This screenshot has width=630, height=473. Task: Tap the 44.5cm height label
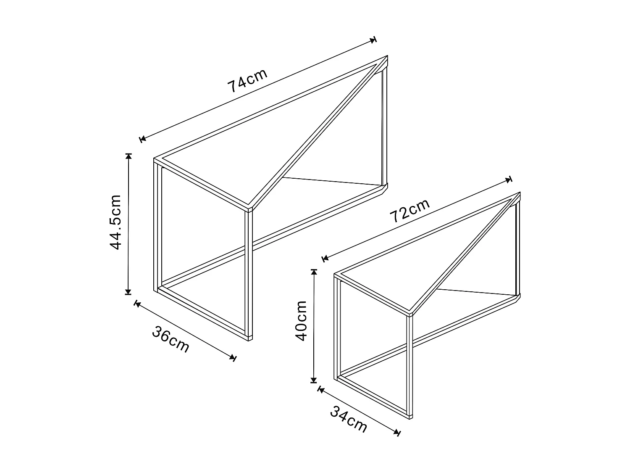click(x=115, y=222)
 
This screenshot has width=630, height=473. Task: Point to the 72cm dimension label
click(x=409, y=210)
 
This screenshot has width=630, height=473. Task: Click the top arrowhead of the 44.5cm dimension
click(x=129, y=156)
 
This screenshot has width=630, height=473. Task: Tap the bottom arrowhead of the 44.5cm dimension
click(x=129, y=291)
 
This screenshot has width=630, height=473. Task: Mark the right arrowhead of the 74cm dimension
click(x=373, y=40)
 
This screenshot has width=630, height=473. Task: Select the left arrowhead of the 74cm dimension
click(x=143, y=138)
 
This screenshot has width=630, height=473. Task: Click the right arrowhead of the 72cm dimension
click(x=509, y=180)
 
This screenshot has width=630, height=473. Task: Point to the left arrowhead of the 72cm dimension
click(x=324, y=258)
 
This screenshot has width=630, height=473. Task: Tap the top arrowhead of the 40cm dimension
click(x=313, y=272)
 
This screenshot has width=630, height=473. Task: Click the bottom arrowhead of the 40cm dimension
click(x=313, y=381)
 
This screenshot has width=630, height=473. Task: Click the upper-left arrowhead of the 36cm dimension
click(x=136, y=304)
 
